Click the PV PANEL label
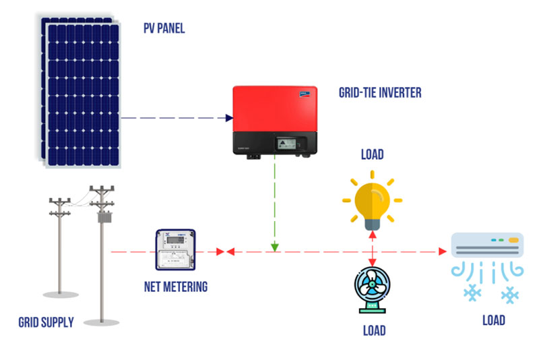point(164,28)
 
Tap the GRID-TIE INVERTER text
point(379,92)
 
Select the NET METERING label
point(176,287)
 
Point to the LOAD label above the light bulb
point(372,154)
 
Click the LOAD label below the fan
point(374,330)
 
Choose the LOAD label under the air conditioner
point(494,320)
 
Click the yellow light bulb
point(372,200)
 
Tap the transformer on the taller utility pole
point(104,218)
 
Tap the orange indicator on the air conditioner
point(515,239)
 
